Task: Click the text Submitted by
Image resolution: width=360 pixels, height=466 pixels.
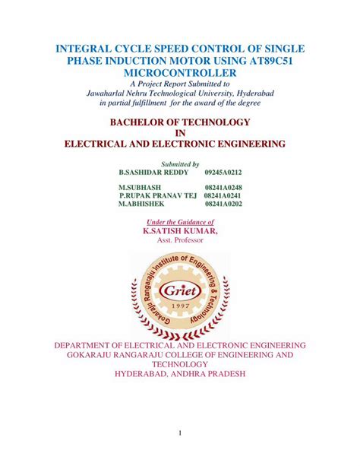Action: (x=180, y=163)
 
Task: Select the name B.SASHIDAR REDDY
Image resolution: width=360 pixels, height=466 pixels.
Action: (x=152, y=173)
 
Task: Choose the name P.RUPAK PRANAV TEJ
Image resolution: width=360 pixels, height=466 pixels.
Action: (x=158, y=196)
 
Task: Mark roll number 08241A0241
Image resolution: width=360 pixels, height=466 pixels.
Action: (x=223, y=196)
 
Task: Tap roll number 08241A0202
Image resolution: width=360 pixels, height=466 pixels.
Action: (x=223, y=204)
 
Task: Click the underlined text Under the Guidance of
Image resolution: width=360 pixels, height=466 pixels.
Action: (x=180, y=221)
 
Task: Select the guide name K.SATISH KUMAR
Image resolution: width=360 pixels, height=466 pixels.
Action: (x=180, y=230)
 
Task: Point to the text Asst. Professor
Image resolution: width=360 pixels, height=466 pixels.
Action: (x=180, y=240)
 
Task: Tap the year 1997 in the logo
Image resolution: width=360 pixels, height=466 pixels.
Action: (x=179, y=305)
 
